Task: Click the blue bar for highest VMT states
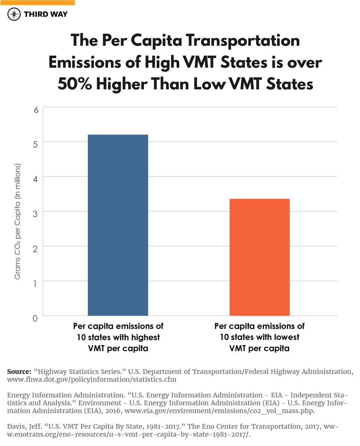coord(118,225)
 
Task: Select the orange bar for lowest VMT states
coord(259,257)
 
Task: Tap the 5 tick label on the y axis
coord(36,144)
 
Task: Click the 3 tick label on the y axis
coord(36,214)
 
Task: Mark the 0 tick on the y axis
coord(36,318)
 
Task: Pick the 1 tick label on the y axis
coord(36,284)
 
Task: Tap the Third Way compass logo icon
coord(14,15)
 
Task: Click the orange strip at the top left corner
coord(37,2)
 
